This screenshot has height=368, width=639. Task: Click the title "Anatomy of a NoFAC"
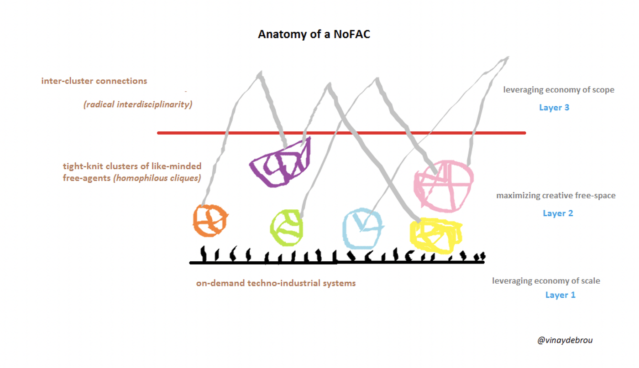pyautogui.click(x=314, y=35)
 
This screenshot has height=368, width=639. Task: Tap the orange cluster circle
pyautogui.click(x=210, y=221)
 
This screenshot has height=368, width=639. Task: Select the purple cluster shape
pyautogui.click(x=280, y=164)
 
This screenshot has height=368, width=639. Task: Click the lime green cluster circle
pyautogui.click(x=286, y=227)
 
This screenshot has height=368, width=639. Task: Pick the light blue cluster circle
pyautogui.click(x=362, y=227)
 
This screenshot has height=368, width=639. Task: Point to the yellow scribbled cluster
pyautogui.click(x=435, y=235)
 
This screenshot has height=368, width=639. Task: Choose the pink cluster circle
pyautogui.click(x=443, y=186)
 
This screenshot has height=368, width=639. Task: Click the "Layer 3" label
pyautogui.click(x=554, y=108)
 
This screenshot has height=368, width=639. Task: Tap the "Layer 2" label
pyautogui.click(x=558, y=213)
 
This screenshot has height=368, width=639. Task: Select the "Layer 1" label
pyautogui.click(x=560, y=295)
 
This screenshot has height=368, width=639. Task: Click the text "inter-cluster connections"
pyautogui.click(x=94, y=81)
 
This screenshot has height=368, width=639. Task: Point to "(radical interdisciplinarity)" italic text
pyautogui.click(x=137, y=104)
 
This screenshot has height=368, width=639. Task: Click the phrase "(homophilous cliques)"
pyautogui.click(x=157, y=178)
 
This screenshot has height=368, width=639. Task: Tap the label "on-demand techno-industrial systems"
pyautogui.click(x=276, y=283)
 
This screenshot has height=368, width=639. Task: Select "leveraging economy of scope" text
pyautogui.click(x=559, y=90)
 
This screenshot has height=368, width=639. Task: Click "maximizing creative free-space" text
pyautogui.click(x=556, y=196)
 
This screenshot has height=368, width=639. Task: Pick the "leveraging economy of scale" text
pyautogui.click(x=546, y=281)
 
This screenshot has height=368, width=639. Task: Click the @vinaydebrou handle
pyautogui.click(x=565, y=340)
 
